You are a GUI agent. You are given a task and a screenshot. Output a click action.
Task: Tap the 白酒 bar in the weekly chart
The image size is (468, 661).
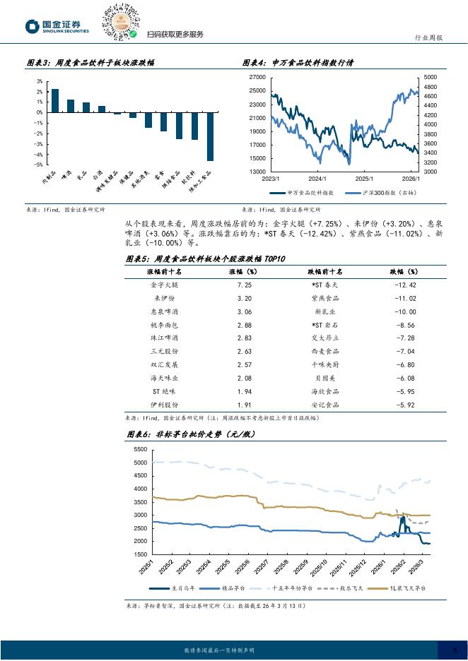pos(101,109)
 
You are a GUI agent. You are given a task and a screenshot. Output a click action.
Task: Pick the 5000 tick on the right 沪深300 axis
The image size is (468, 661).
pos(431,77)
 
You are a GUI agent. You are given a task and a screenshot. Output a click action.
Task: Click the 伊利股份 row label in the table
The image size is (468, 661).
pos(165,405)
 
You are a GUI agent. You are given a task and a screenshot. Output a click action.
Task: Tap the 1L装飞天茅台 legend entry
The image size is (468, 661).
pos(406,588)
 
